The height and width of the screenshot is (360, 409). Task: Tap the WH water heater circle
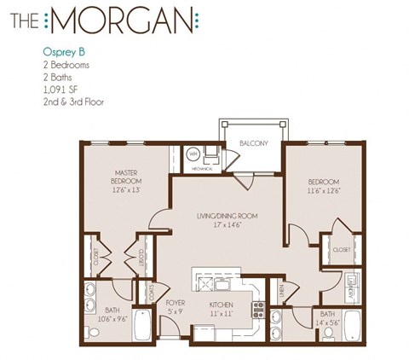click(x=193, y=154)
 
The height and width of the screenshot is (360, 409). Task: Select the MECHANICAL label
click(x=200, y=170)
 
